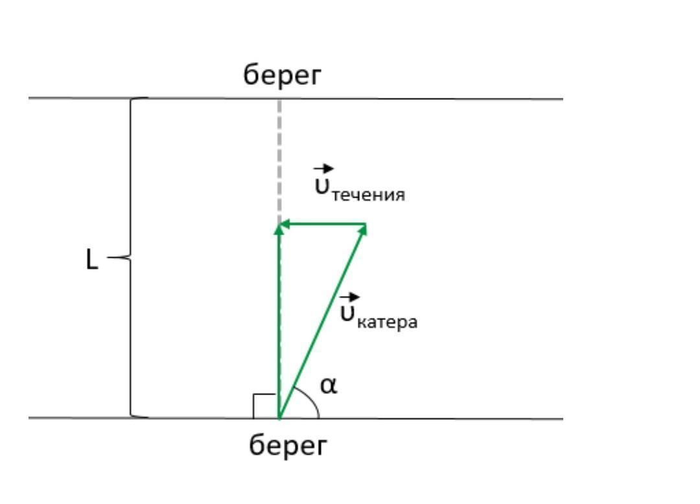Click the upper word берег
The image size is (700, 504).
point(282,76)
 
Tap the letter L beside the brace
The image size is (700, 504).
point(93,260)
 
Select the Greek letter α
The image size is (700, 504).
point(329,386)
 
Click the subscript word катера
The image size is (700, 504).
point(388,322)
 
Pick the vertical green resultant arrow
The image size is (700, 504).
point(279,324)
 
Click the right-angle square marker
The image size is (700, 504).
point(264,405)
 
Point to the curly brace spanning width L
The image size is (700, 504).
point(131,259)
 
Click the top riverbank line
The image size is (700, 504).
point(421,99)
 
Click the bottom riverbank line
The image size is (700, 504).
point(421,418)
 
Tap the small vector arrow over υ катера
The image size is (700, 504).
point(351,297)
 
